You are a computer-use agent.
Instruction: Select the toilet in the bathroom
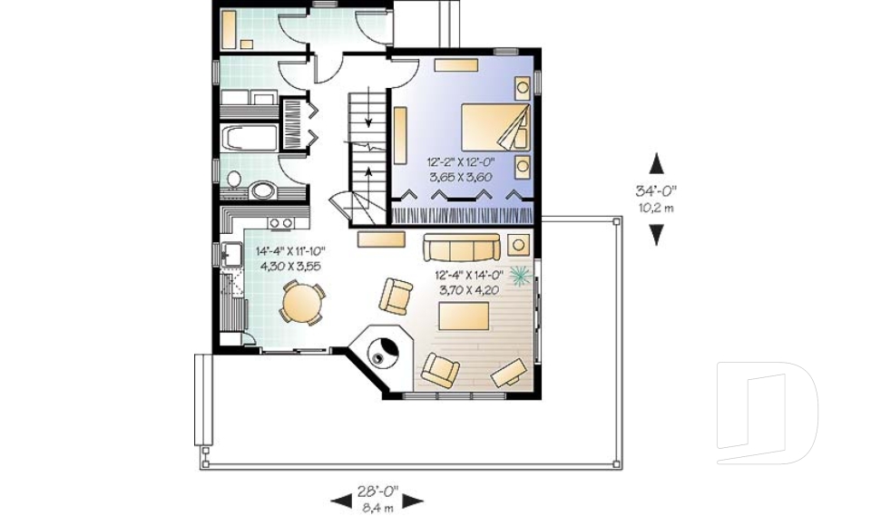pyautogui.click(x=233, y=180)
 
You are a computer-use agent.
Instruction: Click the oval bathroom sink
pyautogui.click(x=263, y=191)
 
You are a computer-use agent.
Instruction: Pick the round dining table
pyautogui.click(x=300, y=302)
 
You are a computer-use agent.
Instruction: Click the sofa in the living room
pyautogui.click(x=461, y=247)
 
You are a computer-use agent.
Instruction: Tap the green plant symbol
pyautogui.click(x=521, y=273)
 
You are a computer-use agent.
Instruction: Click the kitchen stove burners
pyautogui.click(x=279, y=222)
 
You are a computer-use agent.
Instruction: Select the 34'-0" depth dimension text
pyautogui.click(x=656, y=190)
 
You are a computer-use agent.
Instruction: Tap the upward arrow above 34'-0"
pyautogui.click(x=656, y=164)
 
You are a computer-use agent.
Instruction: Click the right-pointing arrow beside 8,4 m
pyautogui.click(x=414, y=501)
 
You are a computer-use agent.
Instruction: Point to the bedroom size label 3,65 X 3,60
pyautogui.click(x=460, y=178)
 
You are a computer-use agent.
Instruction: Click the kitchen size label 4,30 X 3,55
pyautogui.click(x=291, y=266)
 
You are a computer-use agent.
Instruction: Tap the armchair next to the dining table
pyautogui.click(x=396, y=296)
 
